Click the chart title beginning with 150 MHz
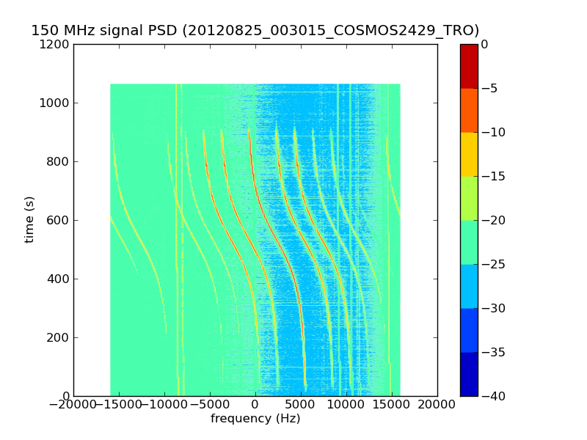tap(255, 31)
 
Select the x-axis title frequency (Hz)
tap(255, 419)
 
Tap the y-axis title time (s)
tap(29, 220)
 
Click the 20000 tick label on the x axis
tap(437, 406)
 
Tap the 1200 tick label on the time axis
tap(56, 44)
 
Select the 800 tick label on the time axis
tap(59, 161)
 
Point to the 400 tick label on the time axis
tap(59, 279)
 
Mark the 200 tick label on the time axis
tap(59, 337)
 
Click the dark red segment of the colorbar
tap(469, 66)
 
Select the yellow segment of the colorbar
tap(469, 154)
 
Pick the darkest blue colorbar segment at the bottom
tap(469, 374)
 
